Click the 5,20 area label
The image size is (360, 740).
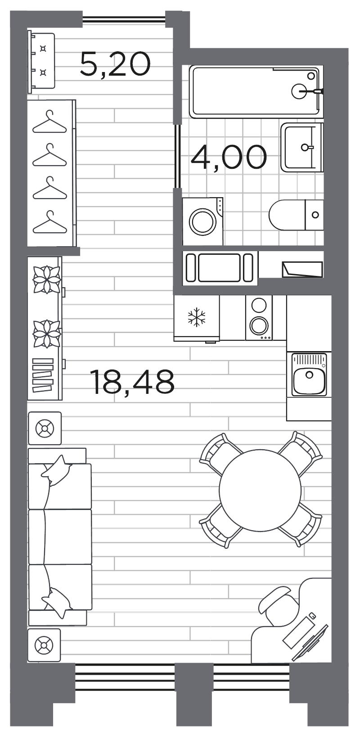(115, 64)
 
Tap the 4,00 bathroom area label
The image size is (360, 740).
(229, 157)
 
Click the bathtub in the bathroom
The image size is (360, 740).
(256, 91)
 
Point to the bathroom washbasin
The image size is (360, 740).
(301, 147)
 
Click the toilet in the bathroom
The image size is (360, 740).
(296, 215)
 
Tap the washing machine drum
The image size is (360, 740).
(202, 221)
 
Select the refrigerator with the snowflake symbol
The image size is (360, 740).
(197, 318)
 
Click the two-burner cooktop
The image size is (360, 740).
(259, 317)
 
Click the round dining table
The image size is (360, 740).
(261, 490)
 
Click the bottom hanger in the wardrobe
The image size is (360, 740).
(49, 222)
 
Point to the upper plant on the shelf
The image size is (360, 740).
(46, 279)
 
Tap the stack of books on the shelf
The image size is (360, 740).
(43, 375)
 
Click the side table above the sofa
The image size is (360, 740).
(45, 428)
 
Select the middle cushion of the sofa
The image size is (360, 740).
(60, 537)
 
